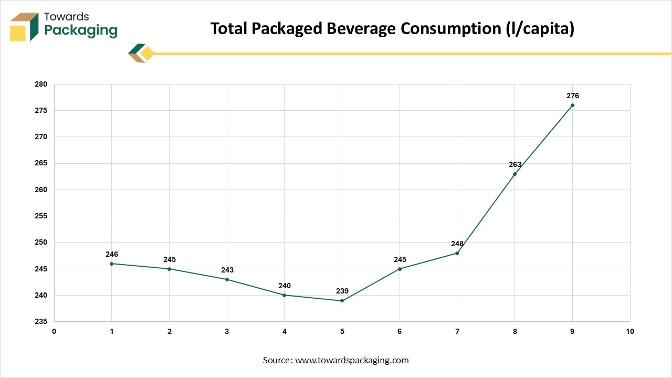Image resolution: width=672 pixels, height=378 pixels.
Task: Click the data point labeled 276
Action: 572,105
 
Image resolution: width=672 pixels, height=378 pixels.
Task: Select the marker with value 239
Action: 342,301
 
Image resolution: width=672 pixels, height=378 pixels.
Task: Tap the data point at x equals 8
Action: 514,174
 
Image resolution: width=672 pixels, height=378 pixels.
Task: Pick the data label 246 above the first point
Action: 112,254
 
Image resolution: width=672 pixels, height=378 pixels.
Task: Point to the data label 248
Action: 457,244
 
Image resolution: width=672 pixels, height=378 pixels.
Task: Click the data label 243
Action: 227,270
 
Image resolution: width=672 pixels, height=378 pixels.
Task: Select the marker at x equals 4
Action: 285,295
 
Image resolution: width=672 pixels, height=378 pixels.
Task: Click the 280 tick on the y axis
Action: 41,84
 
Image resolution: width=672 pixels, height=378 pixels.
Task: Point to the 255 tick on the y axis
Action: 41,216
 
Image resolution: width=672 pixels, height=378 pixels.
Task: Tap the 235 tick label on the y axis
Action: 41,321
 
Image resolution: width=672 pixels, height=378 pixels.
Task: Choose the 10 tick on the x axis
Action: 630,331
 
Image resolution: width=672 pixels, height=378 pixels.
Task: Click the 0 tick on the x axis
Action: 54,331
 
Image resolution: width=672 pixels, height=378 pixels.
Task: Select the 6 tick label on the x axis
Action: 400,331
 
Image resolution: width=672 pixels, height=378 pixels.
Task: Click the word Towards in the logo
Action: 67,17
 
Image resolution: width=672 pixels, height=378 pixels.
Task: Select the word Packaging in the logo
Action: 81,30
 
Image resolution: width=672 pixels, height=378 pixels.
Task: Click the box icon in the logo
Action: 24,26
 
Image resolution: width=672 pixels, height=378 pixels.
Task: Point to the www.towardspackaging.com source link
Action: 352,360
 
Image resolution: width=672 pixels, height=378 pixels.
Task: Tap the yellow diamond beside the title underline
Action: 148,53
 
